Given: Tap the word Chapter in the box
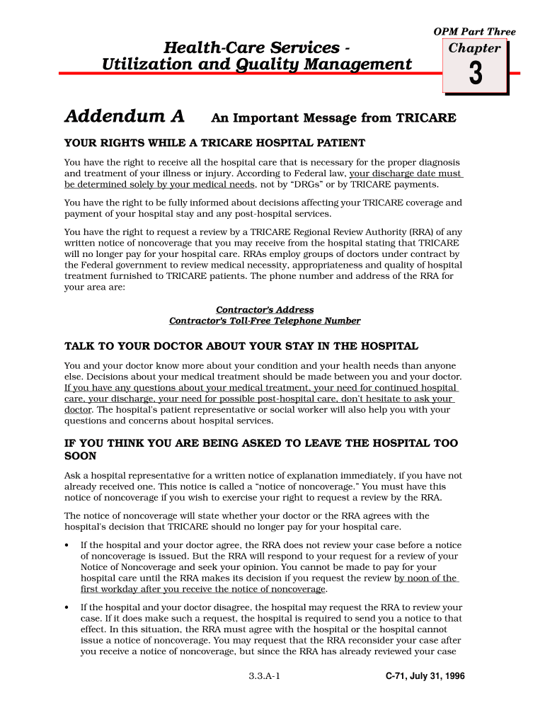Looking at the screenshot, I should pyautogui.click(x=475, y=48).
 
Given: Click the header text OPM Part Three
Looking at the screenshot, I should pyautogui.click(x=474, y=32).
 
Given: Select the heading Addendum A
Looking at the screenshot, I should pyautogui.click(x=125, y=116).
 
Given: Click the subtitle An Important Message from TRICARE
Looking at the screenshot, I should pyautogui.click(x=333, y=118).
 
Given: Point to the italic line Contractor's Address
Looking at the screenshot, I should pyautogui.click(x=265, y=310).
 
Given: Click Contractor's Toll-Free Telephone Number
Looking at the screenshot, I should pyautogui.click(x=265, y=321).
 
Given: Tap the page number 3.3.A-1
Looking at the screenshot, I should pyautogui.click(x=265, y=676).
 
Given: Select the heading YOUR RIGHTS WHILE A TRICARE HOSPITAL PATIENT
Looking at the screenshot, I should pyautogui.click(x=214, y=143).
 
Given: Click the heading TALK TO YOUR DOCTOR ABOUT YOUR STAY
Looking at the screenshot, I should pyautogui.click(x=241, y=346).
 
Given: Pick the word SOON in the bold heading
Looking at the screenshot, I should pyautogui.click(x=81, y=457).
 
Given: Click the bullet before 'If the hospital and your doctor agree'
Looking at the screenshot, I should pyautogui.click(x=67, y=545).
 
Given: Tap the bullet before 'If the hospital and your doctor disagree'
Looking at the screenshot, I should pyautogui.click(x=67, y=607).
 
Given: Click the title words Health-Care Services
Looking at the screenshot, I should pyautogui.click(x=251, y=48).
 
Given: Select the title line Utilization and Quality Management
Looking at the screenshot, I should pyautogui.click(x=257, y=65).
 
